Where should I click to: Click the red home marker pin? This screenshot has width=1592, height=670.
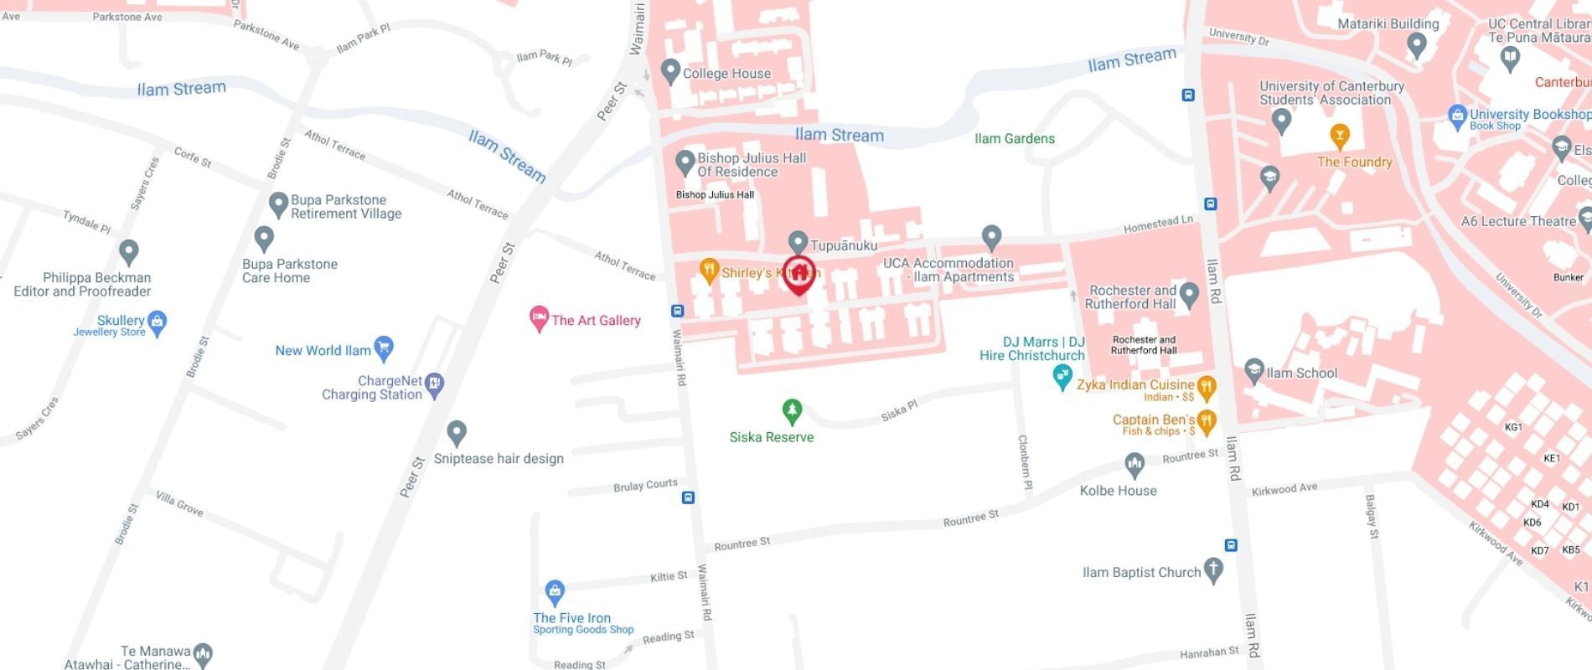click(799, 274)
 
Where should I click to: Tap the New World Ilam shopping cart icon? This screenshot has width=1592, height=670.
click(384, 348)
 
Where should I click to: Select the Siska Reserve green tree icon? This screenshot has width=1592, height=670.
click(792, 410)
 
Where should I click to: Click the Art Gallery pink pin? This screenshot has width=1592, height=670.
click(539, 317)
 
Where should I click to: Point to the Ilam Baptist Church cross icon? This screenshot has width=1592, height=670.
click(1212, 570)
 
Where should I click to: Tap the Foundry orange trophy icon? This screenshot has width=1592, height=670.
click(1339, 135)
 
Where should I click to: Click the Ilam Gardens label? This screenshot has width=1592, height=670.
click(1014, 139)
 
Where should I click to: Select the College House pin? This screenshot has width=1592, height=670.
click(669, 71)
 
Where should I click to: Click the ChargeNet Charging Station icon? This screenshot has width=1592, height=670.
click(434, 384)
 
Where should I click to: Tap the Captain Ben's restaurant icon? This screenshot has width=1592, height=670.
click(1206, 421)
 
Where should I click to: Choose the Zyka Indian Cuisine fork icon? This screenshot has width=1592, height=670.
click(1206, 387)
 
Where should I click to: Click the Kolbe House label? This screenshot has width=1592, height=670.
click(1118, 491)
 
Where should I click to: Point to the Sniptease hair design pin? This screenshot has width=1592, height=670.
click(456, 432)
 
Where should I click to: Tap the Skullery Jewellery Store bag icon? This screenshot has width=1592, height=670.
click(157, 321)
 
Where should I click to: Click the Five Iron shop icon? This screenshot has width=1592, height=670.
click(554, 592)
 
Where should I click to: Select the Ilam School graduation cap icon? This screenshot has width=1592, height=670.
click(1253, 369)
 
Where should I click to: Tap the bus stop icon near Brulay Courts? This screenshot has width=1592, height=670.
click(688, 497)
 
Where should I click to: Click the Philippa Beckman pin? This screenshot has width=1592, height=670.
click(128, 250)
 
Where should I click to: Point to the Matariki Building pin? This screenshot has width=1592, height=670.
click(1416, 44)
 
